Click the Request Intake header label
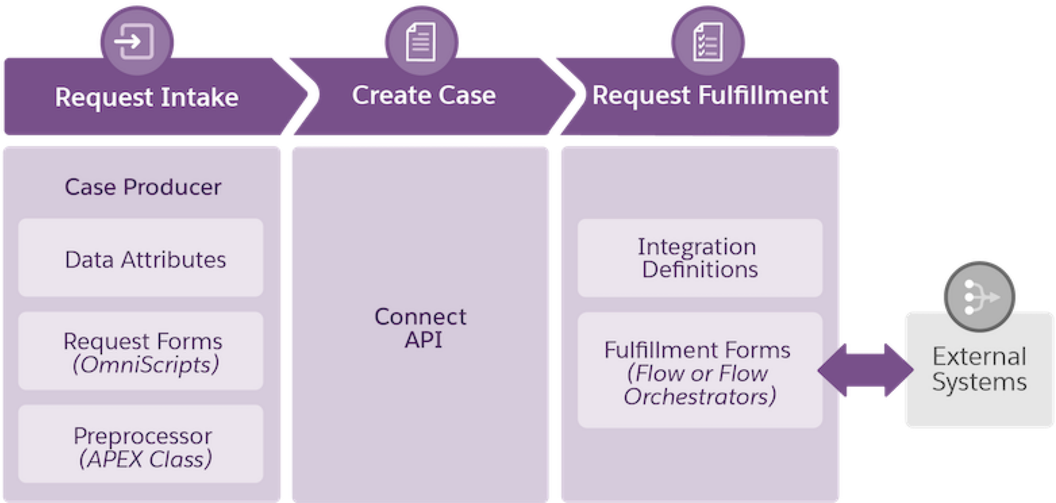[x=147, y=97]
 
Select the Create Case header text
[x=424, y=95]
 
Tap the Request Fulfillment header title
[x=710, y=95]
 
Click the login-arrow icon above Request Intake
[x=134, y=42]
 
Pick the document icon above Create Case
[x=421, y=43]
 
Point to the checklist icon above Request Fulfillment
[x=708, y=43]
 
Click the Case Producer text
[x=143, y=187]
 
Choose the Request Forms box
[x=141, y=351]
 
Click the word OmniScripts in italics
[x=145, y=365]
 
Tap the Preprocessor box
[x=141, y=444]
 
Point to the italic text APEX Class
[x=145, y=459]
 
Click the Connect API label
[x=421, y=328]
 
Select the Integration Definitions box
[x=700, y=258]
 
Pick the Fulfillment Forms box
[x=700, y=370]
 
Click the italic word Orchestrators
[x=700, y=396]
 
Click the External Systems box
[x=979, y=370]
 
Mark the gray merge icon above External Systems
[x=980, y=297]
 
